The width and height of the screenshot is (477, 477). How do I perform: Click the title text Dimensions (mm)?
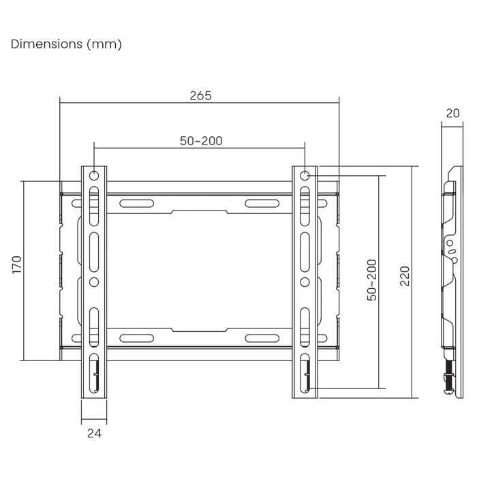pyautogui.click(x=66, y=44)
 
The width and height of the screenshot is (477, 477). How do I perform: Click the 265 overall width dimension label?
pyautogui.click(x=200, y=96)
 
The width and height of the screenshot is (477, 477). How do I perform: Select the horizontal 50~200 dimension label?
pyautogui.click(x=201, y=141)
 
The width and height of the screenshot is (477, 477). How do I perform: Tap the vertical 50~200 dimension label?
pyautogui.click(x=371, y=280)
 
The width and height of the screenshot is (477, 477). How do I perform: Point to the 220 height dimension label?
pyautogui.click(x=405, y=276)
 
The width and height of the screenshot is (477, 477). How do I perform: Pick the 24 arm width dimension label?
pyautogui.click(x=94, y=433)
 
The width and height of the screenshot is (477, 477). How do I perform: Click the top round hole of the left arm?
pyautogui.click(x=94, y=176)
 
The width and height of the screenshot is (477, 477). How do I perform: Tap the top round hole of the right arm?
pyautogui.click(x=305, y=176)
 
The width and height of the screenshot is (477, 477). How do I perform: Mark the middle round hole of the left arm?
pyautogui.click(x=94, y=281)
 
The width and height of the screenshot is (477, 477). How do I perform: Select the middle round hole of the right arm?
pyautogui.click(x=305, y=281)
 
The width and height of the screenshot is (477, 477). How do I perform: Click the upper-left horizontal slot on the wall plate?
pyautogui.click(x=137, y=202)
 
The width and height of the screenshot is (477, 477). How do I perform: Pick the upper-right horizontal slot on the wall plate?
pyautogui.click(x=262, y=202)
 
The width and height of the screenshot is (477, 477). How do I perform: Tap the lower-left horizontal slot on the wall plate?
pyautogui.click(x=137, y=337)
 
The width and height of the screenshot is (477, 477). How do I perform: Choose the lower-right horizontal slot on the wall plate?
pyautogui.click(x=262, y=337)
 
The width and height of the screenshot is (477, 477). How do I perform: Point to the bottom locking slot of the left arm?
pyautogui.click(x=94, y=373)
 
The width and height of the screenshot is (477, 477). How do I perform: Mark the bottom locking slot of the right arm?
pyautogui.click(x=305, y=373)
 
